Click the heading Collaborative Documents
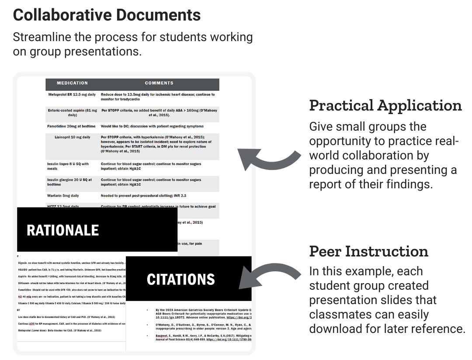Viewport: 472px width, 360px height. click(x=107, y=15)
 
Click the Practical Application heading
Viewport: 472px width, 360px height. click(x=385, y=106)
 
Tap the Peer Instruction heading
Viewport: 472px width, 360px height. click(x=368, y=252)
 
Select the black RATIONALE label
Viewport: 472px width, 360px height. click(x=63, y=230)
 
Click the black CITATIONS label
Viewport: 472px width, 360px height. click(x=180, y=280)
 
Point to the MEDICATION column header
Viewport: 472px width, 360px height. click(x=72, y=83)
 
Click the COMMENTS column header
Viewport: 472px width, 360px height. click(x=159, y=83)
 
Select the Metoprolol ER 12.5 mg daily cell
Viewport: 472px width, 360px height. click(x=72, y=94)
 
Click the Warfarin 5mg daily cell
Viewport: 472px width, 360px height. click(x=63, y=196)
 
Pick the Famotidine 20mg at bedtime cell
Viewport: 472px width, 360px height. click(x=71, y=126)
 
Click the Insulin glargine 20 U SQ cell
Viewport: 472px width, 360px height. click(x=69, y=182)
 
